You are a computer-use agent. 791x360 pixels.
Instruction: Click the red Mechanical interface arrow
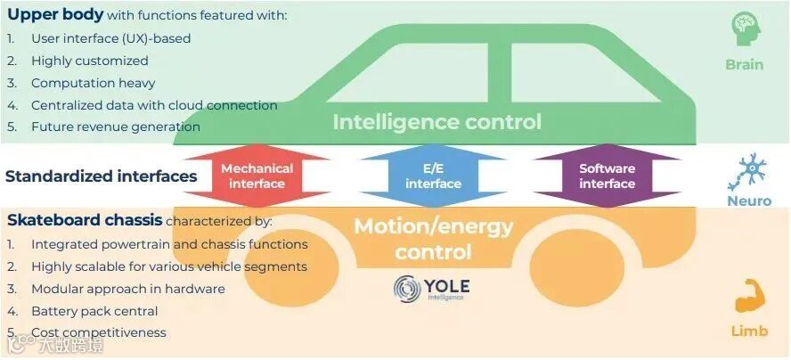tap(257, 176)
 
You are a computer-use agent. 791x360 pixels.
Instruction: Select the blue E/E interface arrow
tap(433, 176)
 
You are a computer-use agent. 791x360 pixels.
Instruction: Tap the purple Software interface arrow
tap(607, 176)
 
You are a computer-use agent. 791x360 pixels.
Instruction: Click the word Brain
tap(744, 65)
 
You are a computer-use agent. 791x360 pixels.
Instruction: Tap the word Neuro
tap(748, 201)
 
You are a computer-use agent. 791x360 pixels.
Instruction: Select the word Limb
tap(748, 331)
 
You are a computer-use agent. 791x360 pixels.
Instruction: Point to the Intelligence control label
tap(436, 122)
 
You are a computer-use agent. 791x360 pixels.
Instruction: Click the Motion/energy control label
tap(433, 239)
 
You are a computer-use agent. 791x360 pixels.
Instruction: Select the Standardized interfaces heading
tap(101, 176)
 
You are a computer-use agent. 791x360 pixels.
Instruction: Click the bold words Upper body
tap(55, 15)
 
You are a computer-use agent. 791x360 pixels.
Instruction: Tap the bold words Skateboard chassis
tap(85, 220)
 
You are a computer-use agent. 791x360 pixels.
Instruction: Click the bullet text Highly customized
tap(89, 61)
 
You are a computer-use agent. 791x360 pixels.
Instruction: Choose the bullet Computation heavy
tap(93, 83)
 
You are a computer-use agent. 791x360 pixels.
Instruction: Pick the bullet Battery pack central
tap(94, 311)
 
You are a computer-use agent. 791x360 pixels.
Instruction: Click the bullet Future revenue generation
tap(115, 127)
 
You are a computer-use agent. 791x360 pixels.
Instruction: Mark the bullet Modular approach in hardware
tap(127, 289)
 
